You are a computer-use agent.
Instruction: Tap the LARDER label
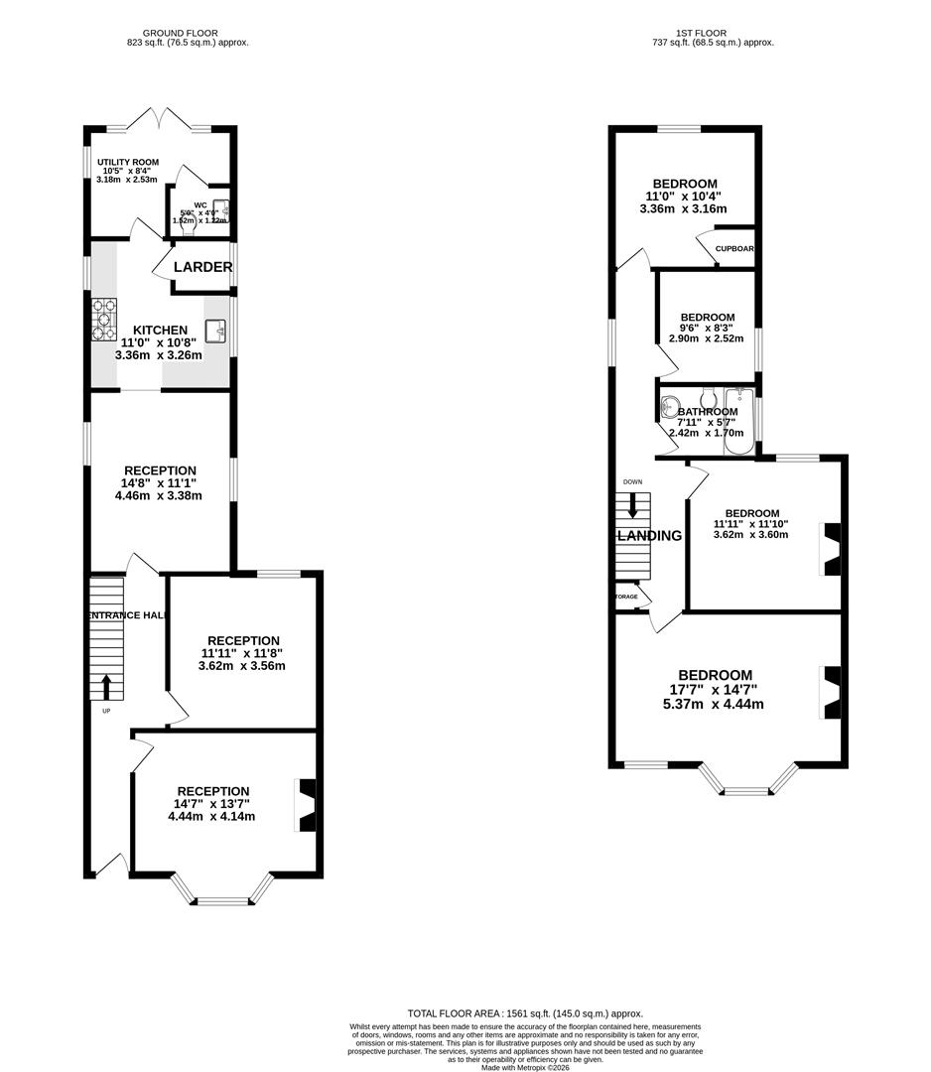coord(202,267)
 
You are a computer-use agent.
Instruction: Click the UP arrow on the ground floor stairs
coord(106,686)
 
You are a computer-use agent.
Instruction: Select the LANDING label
coord(650,536)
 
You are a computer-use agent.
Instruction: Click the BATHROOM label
coord(708,412)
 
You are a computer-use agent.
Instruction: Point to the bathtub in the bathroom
coord(739,422)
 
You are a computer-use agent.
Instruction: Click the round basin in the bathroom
coord(670,406)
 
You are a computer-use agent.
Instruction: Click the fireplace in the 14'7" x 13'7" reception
coord(307,805)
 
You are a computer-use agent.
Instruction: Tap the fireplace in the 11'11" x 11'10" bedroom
coord(831,549)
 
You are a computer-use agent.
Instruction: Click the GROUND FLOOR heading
coord(187,33)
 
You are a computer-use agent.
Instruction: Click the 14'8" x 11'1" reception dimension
coord(159,486)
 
